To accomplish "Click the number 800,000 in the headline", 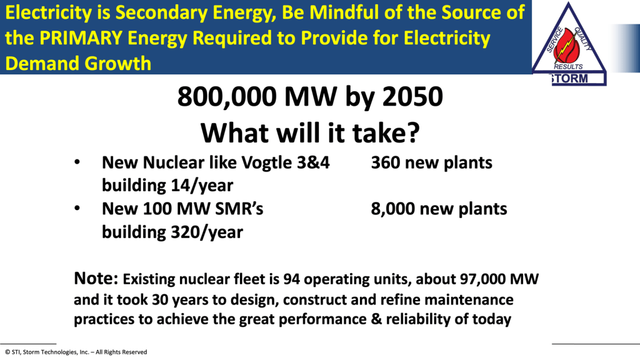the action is click(x=227, y=97).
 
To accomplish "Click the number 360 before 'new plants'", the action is click(x=385, y=162).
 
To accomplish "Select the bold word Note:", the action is click(x=96, y=278).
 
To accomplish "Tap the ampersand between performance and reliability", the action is click(x=376, y=319).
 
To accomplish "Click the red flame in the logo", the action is click(x=567, y=46).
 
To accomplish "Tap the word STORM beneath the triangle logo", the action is click(x=569, y=78).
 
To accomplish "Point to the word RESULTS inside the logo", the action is click(x=568, y=66).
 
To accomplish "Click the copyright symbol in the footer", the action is click(x=7, y=352).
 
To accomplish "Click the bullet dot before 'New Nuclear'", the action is click(x=77, y=162).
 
